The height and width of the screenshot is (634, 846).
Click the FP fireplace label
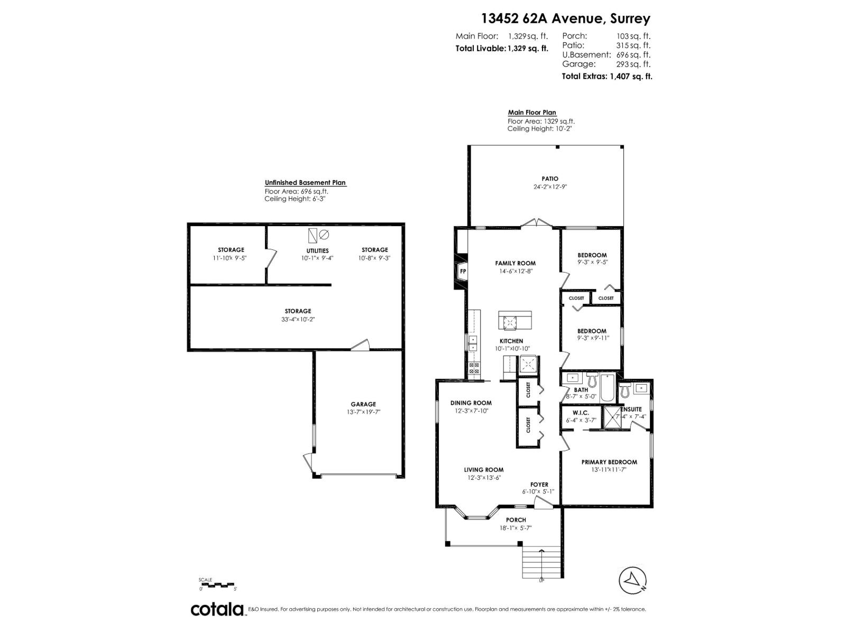(463, 272)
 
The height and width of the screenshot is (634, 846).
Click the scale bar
(217, 585)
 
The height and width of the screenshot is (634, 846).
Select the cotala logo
(217, 609)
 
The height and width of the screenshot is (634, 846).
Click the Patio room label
(549, 179)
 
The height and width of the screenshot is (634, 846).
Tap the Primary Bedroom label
(609, 462)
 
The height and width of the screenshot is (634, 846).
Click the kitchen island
(515, 320)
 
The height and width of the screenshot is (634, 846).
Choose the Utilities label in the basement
(317, 250)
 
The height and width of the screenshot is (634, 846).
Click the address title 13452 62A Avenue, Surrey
(565, 18)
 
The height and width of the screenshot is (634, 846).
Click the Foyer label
(539, 484)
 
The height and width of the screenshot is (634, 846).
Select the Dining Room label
(471, 403)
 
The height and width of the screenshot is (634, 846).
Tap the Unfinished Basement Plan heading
(305, 183)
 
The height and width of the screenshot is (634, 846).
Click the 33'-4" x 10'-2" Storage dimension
(298, 319)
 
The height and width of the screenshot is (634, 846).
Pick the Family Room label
(515, 263)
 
